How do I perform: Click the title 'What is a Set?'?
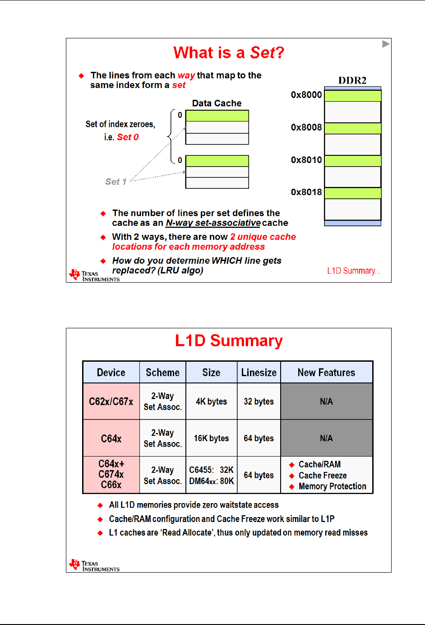point(229,53)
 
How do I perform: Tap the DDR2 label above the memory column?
point(352,80)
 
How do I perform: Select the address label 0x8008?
point(306,127)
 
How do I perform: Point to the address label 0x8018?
point(306,192)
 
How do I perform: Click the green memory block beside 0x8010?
point(353,161)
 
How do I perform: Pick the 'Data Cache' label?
point(217,103)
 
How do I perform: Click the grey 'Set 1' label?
point(115,182)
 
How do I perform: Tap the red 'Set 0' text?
point(128,137)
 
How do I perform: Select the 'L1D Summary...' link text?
point(353,271)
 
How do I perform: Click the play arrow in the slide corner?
point(385,44)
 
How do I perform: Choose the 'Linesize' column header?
point(259,373)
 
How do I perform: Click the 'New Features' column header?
point(326,373)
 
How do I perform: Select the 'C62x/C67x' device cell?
point(111,401)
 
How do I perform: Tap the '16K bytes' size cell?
point(211,438)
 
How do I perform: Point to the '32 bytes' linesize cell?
point(259,401)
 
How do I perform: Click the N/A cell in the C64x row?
point(326,438)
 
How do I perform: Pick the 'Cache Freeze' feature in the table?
point(323,476)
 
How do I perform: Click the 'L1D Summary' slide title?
point(229,341)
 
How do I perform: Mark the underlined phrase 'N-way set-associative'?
point(213,223)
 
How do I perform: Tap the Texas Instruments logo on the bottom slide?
point(94,565)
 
